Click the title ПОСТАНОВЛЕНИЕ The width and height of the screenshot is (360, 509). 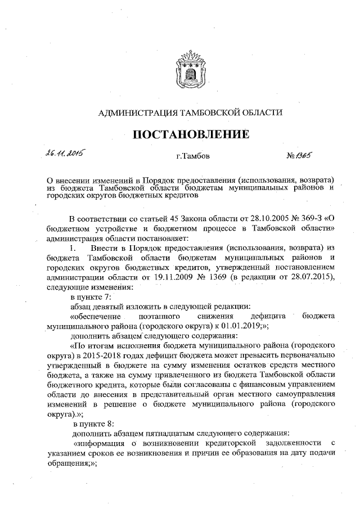(191, 134)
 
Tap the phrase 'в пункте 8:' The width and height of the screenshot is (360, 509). (93, 422)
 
